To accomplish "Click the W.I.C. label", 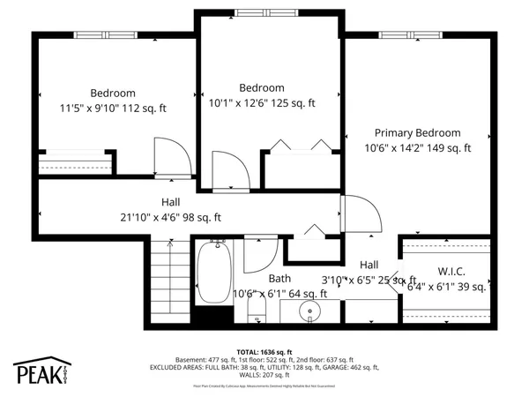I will click(451, 272).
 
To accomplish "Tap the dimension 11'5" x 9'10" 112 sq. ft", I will click(113, 109).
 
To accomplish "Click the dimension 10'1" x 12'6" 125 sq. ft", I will click(262, 103).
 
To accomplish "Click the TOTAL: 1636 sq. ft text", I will click(264, 351).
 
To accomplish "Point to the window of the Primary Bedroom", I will click(419, 35).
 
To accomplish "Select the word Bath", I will click(279, 279).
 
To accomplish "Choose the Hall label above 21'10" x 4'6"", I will click(171, 202).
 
